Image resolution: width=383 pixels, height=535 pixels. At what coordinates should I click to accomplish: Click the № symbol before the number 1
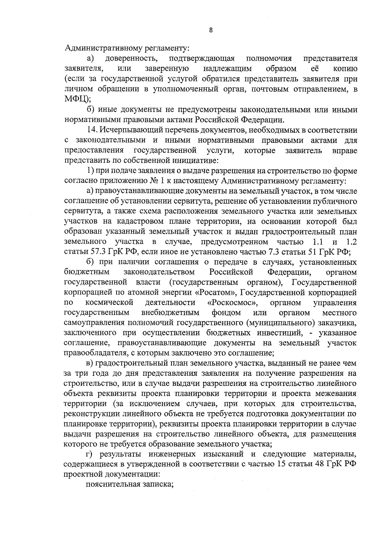pos(154,181)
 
